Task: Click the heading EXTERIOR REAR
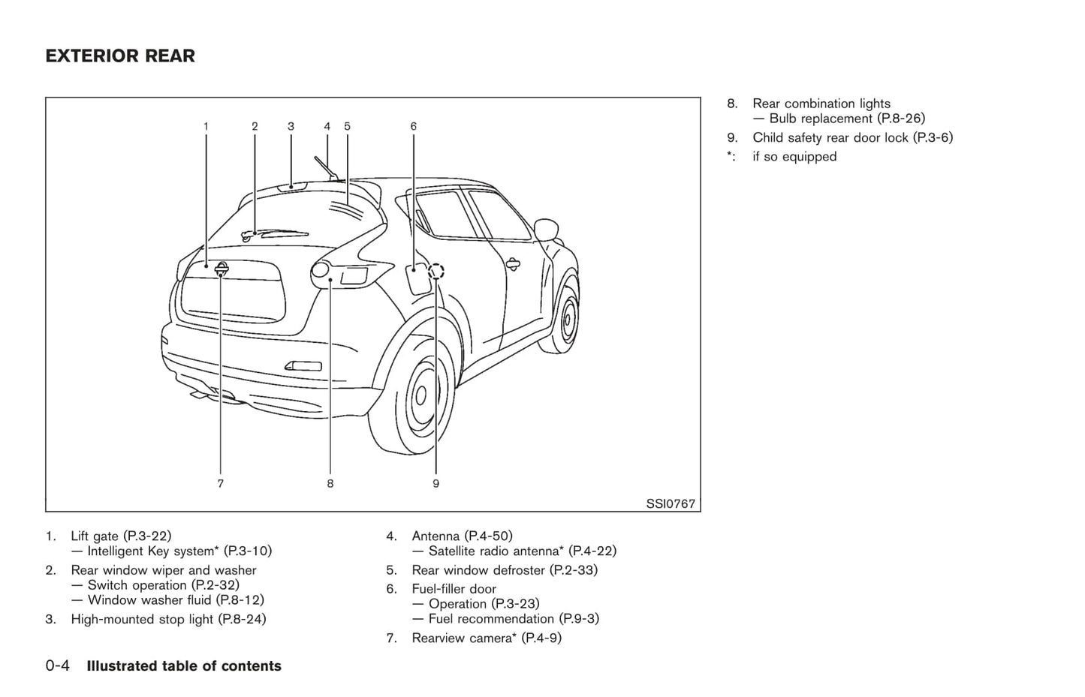(x=120, y=56)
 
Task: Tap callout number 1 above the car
(x=206, y=127)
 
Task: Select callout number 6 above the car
(x=414, y=127)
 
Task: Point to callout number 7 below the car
(x=221, y=484)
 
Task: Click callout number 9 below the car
(x=436, y=484)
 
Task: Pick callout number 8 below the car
(x=330, y=484)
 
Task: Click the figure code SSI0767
(x=671, y=503)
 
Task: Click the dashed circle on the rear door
(x=436, y=271)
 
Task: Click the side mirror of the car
(x=546, y=229)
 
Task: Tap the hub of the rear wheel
(x=420, y=395)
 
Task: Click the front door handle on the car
(x=513, y=263)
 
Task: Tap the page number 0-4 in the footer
(x=58, y=666)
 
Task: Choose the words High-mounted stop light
(x=142, y=620)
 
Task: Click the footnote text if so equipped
(x=794, y=157)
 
